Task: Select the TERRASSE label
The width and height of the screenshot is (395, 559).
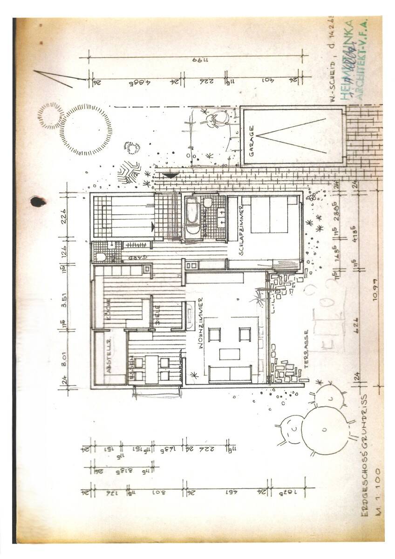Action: (x=306, y=349)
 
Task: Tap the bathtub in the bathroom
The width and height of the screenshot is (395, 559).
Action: (x=191, y=218)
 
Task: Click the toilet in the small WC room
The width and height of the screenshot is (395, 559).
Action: (x=101, y=256)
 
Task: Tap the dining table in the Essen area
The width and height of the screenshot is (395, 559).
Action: (x=151, y=369)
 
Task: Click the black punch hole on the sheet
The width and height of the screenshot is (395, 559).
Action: (x=37, y=201)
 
